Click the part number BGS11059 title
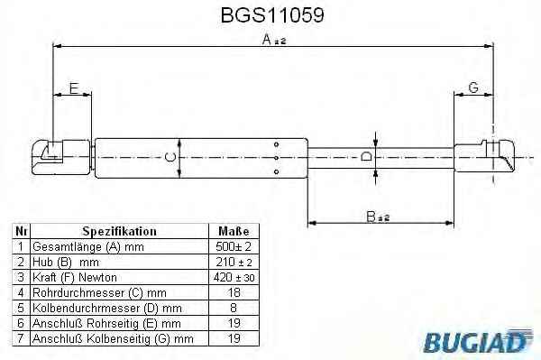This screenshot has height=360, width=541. click(x=272, y=15)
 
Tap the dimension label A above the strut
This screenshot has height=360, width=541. click(x=267, y=40)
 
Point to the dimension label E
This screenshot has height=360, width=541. click(x=74, y=88)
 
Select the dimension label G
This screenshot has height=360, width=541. click(x=473, y=88)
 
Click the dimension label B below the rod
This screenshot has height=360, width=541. click(x=371, y=217)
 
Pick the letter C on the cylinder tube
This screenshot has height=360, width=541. click(x=170, y=157)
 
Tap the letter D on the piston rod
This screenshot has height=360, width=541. click(x=366, y=157)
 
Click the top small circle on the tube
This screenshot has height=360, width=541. click(x=276, y=144)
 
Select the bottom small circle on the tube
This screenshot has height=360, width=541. click(x=276, y=171)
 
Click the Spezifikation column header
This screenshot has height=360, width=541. click(x=119, y=231)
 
